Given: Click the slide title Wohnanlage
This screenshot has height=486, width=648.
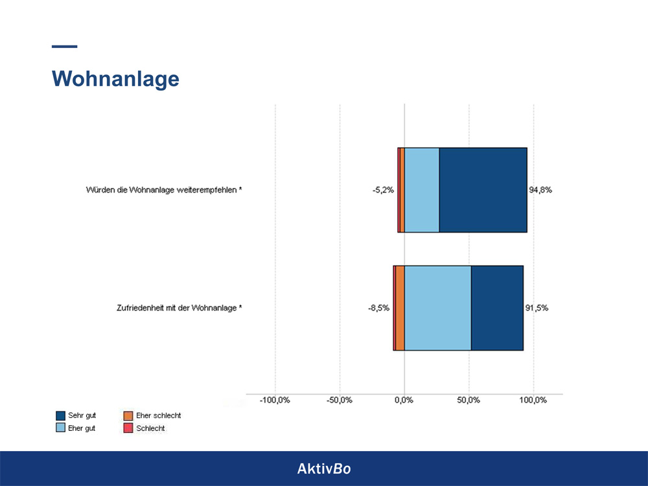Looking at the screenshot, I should click(115, 78).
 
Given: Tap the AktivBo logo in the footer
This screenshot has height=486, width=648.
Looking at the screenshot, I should click(324, 469).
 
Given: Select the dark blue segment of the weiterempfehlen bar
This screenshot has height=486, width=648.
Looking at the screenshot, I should click(483, 190).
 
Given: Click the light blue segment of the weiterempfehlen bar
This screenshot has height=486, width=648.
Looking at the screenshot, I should click(422, 190).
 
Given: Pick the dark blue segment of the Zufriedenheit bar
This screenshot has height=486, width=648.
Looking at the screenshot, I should click(497, 308).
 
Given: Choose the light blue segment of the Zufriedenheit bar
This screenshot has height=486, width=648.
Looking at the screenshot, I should click(437, 308).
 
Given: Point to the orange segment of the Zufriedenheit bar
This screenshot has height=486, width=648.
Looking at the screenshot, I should click(400, 308).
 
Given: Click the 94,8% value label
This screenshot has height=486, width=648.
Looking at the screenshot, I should click(540, 191).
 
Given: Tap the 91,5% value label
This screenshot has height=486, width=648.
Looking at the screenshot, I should click(537, 308).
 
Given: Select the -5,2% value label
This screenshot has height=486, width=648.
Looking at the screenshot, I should click(383, 191).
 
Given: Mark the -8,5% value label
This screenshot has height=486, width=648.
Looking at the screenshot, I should click(378, 308).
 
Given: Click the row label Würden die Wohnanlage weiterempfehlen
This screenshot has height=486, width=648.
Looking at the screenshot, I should click(164, 191).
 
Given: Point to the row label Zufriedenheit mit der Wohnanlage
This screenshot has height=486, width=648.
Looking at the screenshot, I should click(175, 308).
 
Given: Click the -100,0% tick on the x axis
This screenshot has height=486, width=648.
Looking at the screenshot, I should click(275, 400).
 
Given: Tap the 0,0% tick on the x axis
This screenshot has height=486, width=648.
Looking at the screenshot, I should click(404, 400).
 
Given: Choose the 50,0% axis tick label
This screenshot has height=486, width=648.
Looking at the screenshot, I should click(469, 400).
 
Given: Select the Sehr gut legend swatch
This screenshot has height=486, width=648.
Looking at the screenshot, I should click(61, 415).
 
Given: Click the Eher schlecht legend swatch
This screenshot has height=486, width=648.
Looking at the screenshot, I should click(128, 415).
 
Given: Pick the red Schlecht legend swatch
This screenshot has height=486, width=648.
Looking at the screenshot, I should click(128, 428).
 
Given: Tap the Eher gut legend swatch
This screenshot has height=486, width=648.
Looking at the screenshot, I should click(61, 428).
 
